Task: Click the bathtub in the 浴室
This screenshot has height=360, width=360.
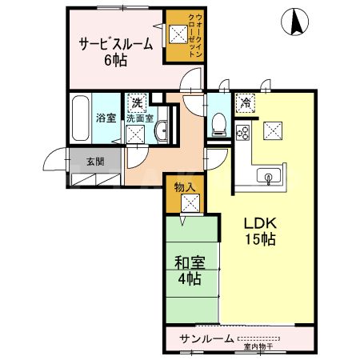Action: (81, 118)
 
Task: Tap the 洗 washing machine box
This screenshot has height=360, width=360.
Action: (137, 102)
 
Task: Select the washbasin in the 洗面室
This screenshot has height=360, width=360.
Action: (161, 132)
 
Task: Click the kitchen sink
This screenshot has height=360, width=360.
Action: (268, 174)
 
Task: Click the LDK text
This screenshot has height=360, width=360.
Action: (260, 224)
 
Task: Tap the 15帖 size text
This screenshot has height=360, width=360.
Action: (261, 239)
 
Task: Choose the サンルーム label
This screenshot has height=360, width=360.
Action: (206, 338)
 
